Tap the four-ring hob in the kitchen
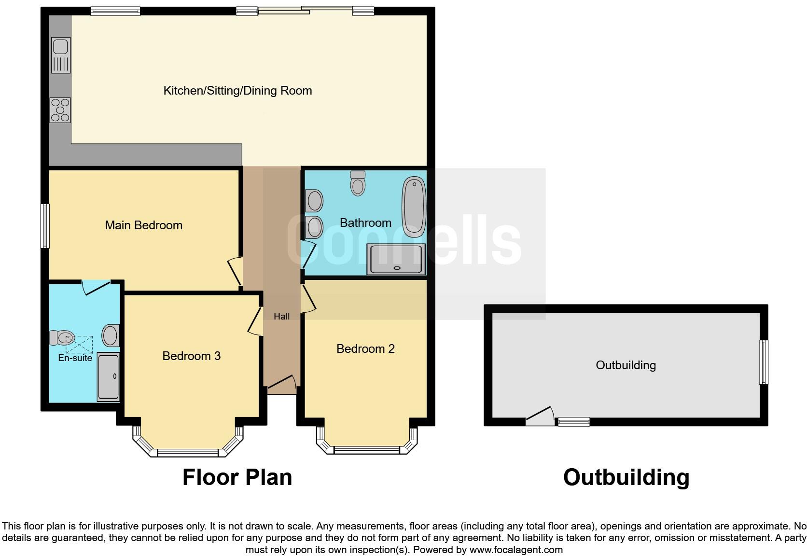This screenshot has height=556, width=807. tap(60, 110)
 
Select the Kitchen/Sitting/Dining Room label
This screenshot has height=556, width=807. tap(237, 91)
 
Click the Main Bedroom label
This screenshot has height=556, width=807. tap(144, 225)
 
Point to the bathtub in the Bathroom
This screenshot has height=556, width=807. tap(414, 207)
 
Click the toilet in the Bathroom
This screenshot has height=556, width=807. tap(358, 183)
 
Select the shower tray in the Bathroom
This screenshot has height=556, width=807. tap(396, 260)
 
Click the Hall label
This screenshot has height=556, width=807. tap(282, 317)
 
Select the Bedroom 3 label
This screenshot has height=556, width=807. tap(192, 356)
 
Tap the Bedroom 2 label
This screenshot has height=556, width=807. tap(365, 349)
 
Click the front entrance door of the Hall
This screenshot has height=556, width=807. tap(282, 383)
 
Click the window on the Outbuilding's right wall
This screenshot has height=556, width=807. tap(763, 362)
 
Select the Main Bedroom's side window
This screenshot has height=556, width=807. tap(45, 226)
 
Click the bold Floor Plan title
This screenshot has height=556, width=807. tap(237, 477)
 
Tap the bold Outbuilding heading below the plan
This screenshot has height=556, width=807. tap(626, 477)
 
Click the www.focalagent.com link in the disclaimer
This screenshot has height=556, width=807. tap(516, 550)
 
